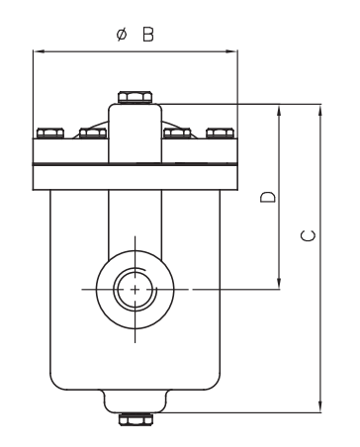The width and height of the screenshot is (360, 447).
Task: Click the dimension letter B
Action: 148,35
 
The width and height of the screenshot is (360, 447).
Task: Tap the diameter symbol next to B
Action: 122,35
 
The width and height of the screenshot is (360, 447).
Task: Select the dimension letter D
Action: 268,197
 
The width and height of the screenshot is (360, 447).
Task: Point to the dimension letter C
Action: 309,236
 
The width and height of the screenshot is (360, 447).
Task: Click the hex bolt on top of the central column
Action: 135,97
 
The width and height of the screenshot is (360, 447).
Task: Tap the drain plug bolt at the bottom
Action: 135,419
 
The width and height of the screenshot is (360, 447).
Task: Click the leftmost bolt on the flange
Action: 50,133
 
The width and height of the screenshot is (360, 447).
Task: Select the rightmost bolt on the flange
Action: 221,133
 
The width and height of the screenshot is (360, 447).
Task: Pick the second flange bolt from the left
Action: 93,133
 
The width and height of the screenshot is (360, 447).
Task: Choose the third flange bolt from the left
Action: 177,133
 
